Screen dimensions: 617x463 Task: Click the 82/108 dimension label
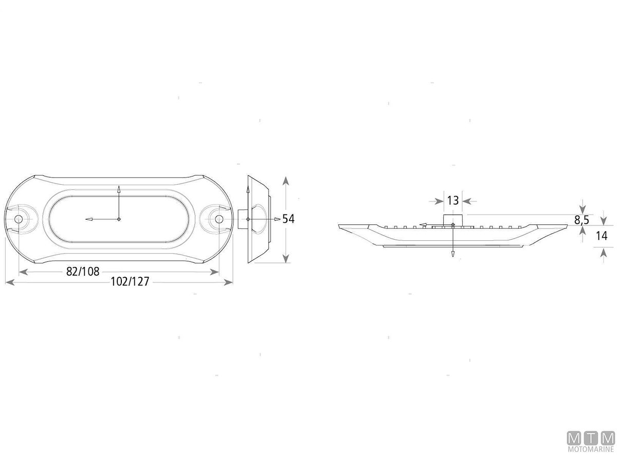(x=83, y=272)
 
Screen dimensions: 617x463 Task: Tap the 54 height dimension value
(x=288, y=219)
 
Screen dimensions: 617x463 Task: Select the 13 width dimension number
(x=453, y=201)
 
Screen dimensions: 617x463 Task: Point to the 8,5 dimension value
(x=581, y=220)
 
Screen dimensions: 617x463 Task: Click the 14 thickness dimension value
(x=602, y=236)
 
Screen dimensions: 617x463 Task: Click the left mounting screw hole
(x=19, y=219)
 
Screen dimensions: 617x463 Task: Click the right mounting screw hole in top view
(x=219, y=219)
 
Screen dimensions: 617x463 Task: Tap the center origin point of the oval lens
(x=119, y=219)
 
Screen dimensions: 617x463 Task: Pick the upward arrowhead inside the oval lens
(x=119, y=189)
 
